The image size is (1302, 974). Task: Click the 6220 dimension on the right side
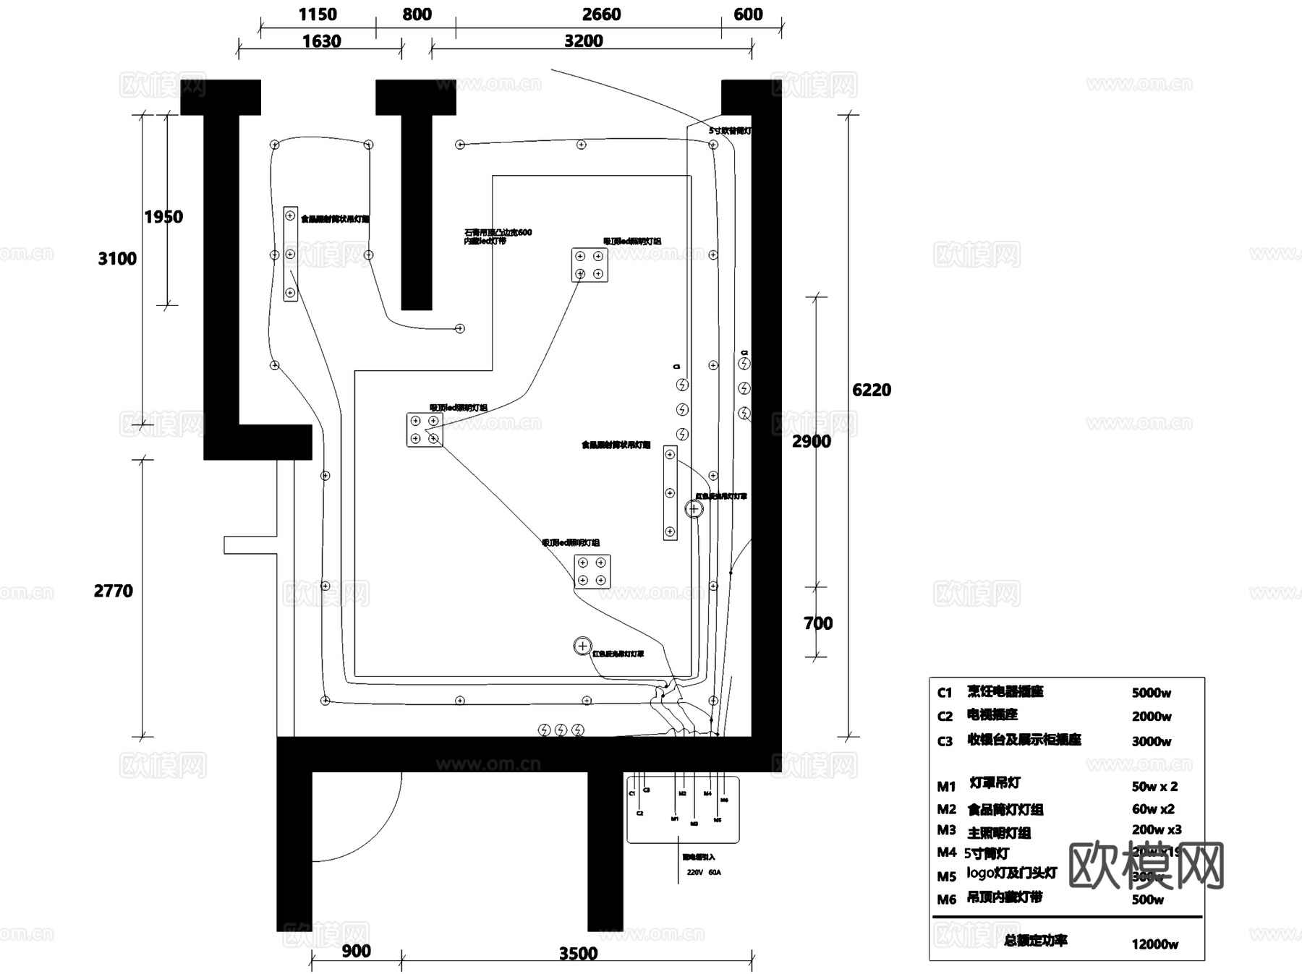click(x=871, y=390)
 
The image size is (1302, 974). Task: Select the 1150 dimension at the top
click(x=317, y=14)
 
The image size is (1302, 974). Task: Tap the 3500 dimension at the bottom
click(x=578, y=953)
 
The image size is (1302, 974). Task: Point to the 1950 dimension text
click(x=163, y=217)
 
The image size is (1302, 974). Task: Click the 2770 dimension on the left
click(x=114, y=591)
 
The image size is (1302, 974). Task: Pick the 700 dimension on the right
click(x=818, y=623)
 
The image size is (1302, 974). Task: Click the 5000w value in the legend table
click(x=1151, y=693)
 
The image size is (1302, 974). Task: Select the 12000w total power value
click(x=1154, y=944)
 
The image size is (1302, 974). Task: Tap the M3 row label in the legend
click(x=946, y=830)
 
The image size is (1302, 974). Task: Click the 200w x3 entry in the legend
click(x=1156, y=829)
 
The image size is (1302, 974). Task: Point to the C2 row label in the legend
click(x=945, y=716)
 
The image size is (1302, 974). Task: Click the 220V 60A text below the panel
click(x=703, y=873)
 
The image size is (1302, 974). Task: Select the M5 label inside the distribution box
click(x=718, y=821)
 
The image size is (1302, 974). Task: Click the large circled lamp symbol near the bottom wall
click(x=582, y=646)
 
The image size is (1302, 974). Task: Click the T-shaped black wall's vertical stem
click(x=417, y=217)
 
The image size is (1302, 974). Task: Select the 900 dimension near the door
click(x=356, y=951)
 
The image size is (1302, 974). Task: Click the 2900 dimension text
click(x=811, y=441)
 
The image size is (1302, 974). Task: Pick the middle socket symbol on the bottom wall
click(x=561, y=730)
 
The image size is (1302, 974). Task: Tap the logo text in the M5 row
click(x=981, y=873)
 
